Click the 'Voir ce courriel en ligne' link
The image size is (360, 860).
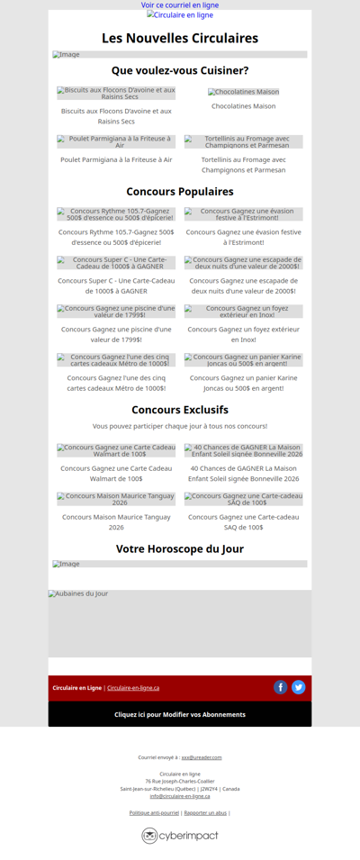pyautogui.click(x=180, y=5)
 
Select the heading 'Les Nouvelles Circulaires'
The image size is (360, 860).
pyautogui.click(x=180, y=38)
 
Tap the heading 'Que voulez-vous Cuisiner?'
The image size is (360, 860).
pyautogui.click(x=180, y=70)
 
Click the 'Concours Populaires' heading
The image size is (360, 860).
pyautogui.click(x=180, y=192)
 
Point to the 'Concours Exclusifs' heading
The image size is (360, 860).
pyautogui.click(x=180, y=410)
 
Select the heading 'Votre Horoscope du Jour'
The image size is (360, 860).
pyautogui.click(x=180, y=548)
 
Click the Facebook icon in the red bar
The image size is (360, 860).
pyautogui.click(x=281, y=687)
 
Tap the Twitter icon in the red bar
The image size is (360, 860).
pyautogui.click(x=299, y=687)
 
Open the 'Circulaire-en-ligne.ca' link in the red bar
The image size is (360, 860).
pyautogui.click(x=133, y=688)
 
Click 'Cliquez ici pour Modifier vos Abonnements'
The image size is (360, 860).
pyautogui.click(x=180, y=714)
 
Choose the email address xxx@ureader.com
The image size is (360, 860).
pyautogui.click(x=202, y=757)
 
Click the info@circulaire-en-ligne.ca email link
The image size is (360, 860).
pyautogui.click(x=180, y=796)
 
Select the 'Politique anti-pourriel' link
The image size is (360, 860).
pyautogui.click(x=154, y=812)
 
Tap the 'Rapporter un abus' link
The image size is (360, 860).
pyautogui.click(x=205, y=812)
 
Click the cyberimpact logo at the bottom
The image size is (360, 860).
pyautogui.click(x=180, y=836)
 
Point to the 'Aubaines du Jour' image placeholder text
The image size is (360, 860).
pyautogui.click(x=78, y=593)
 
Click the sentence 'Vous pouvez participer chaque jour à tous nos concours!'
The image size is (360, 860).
pyautogui.click(x=180, y=426)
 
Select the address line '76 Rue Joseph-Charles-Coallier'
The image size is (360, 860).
pyautogui.click(x=180, y=781)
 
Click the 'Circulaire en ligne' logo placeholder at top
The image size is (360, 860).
pyautogui.click(x=180, y=15)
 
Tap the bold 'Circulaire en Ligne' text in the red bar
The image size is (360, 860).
pyautogui.click(x=76, y=688)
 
